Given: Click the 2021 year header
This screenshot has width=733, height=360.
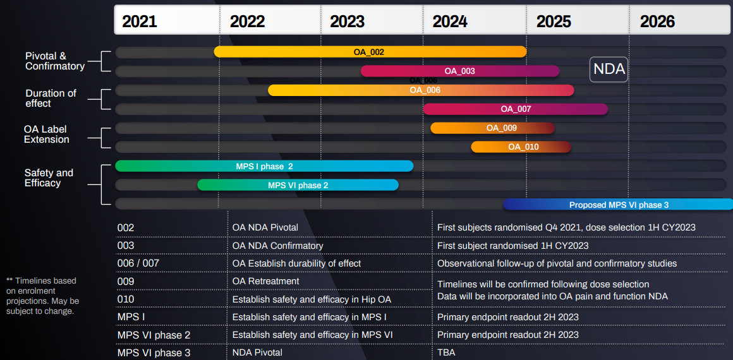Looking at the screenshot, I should click(x=140, y=21).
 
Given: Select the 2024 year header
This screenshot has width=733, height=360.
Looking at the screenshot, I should click(x=450, y=21).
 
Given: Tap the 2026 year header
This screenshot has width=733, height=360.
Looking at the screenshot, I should click(x=657, y=21).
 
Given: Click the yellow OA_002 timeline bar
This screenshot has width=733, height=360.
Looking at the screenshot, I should click(x=370, y=52).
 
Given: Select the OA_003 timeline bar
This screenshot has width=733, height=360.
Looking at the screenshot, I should click(x=459, y=71).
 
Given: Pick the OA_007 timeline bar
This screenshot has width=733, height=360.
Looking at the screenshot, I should click(x=515, y=109).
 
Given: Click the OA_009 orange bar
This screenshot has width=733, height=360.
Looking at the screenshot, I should click(x=492, y=128).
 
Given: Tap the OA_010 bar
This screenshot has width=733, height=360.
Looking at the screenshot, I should click(x=521, y=147).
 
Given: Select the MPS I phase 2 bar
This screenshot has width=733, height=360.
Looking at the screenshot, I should click(x=264, y=166).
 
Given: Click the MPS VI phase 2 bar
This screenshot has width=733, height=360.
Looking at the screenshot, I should click(x=298, y=185).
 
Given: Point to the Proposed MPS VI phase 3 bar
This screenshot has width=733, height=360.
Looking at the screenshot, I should click(x=618, y=205).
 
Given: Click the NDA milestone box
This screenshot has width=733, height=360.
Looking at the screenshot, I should click(x=609, y=69).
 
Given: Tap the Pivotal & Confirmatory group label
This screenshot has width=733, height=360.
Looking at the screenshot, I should click(x=54, y=61).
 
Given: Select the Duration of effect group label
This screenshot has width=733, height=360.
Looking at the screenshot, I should click(x=51, y=98).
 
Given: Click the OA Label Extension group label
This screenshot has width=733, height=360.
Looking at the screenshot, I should click(x=47, y=134).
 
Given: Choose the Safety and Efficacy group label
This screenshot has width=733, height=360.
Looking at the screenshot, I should click(x=49, y=177).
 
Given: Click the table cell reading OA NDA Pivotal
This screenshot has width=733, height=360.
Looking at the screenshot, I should click(x=265, y=227).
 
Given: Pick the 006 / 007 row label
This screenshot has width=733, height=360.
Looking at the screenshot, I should click(x=139, y=263).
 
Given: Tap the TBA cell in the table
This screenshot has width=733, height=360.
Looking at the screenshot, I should click(x=446, y=352).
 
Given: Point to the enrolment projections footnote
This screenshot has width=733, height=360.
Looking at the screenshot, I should click(x=42, y=296).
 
